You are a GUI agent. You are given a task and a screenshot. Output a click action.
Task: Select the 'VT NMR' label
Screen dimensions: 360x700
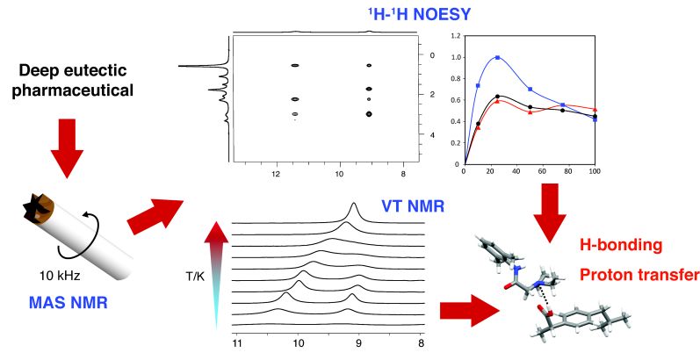[412, 207]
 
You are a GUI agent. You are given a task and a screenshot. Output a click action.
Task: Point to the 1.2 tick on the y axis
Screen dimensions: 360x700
[454, 37]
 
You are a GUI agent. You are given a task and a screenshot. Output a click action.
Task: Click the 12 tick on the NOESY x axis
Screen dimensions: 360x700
[277, 175]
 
